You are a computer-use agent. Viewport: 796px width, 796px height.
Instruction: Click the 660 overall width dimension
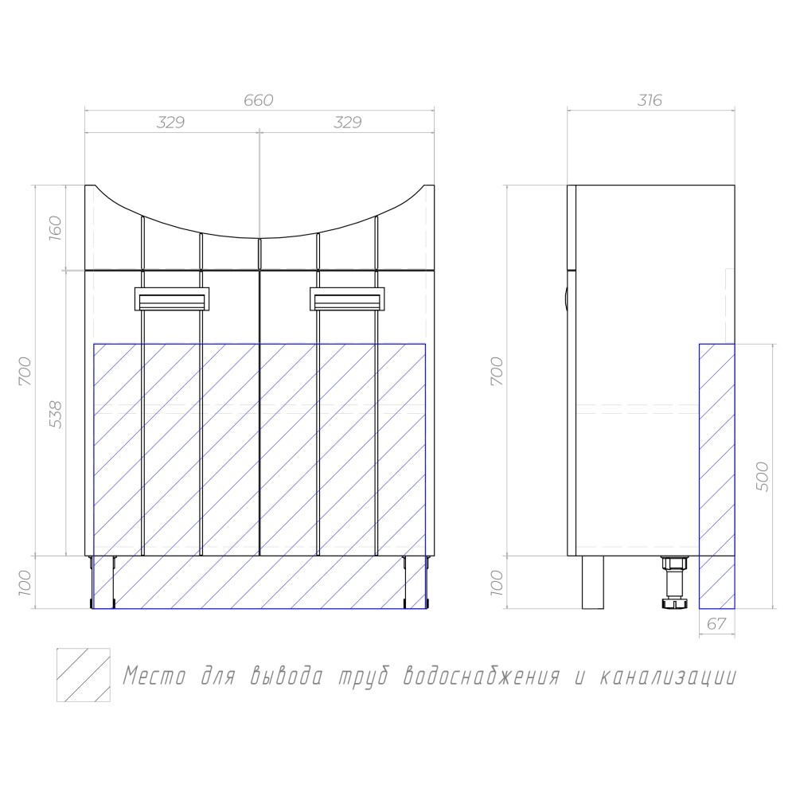[x=259, y=100]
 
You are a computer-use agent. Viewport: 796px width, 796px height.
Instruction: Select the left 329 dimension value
[x=170, y=123]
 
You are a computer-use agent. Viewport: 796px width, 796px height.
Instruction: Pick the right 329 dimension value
[x=347, y=123]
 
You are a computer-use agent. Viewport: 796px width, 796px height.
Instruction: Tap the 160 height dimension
[x=55, y=228]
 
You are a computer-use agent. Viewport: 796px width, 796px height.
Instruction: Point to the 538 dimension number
[x=55, y=414]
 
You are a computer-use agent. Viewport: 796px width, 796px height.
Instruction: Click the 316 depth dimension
[x=650, y=100]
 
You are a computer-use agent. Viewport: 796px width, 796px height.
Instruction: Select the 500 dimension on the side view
[x=763, y=476]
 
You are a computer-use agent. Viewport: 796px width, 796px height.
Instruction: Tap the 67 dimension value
[x=716, y=623]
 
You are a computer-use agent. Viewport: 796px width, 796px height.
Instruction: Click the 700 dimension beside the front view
[x=25, y=371]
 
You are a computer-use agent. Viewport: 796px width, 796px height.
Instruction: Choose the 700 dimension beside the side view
[x=497, y=371]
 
